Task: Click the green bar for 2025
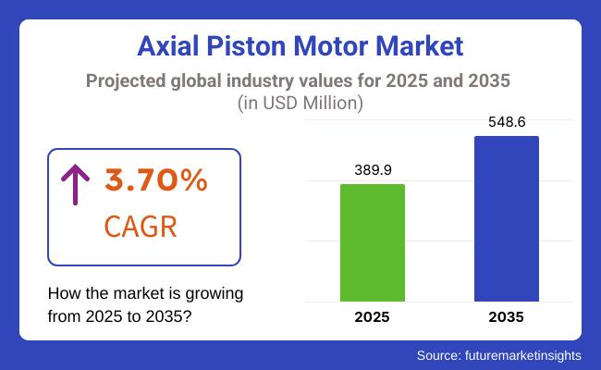373,242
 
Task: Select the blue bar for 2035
507,218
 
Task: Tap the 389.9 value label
373,170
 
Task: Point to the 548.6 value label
507,122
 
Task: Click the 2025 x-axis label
373,317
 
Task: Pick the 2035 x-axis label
507,317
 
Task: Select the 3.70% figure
155,181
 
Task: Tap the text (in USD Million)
300,104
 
